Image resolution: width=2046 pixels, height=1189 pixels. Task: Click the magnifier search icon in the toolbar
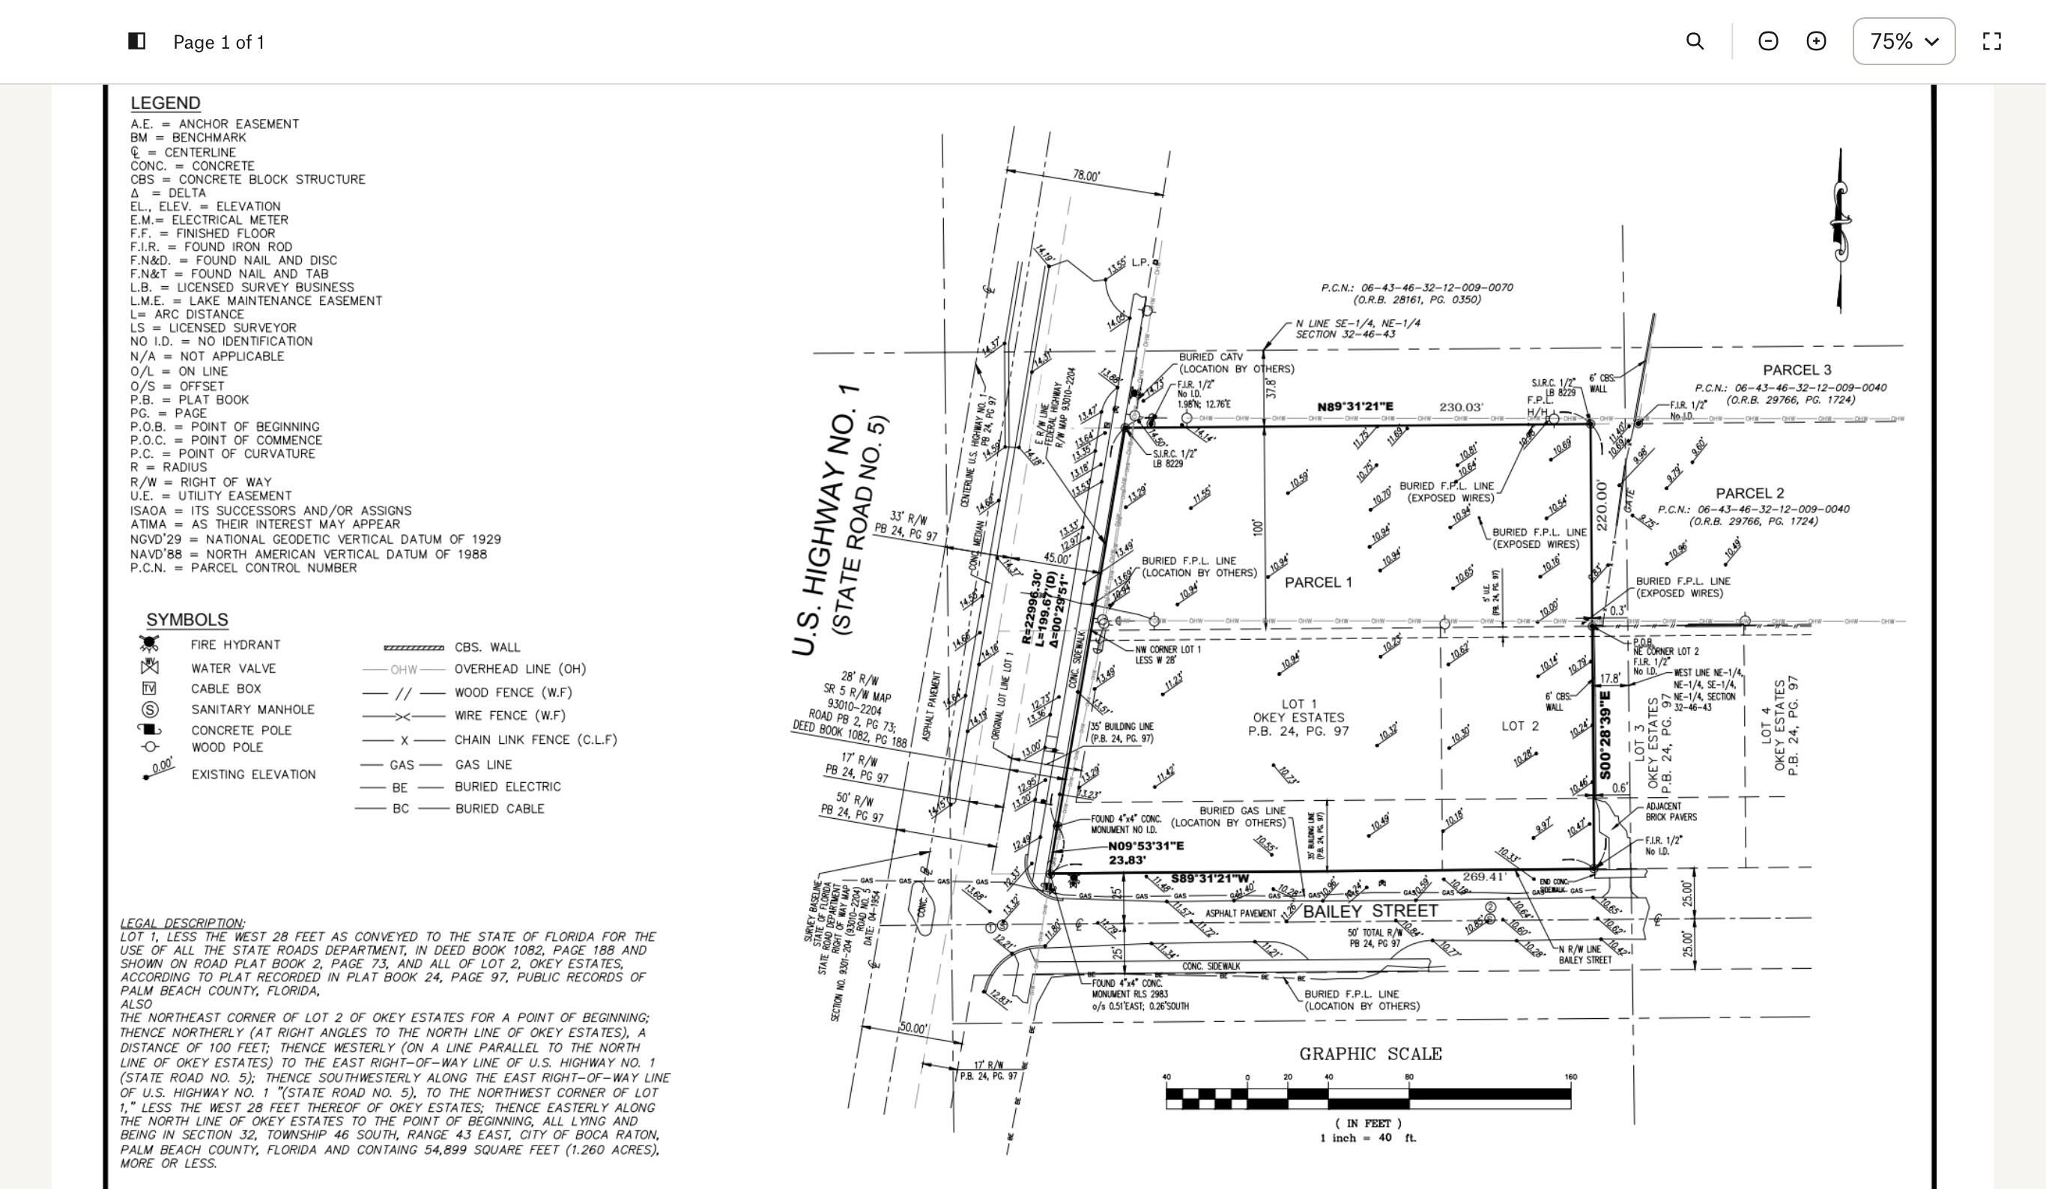1695,41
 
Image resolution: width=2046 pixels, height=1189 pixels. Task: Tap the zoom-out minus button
1767,41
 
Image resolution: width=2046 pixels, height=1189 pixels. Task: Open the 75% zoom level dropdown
1903,41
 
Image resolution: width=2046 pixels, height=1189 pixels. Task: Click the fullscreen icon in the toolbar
1991,41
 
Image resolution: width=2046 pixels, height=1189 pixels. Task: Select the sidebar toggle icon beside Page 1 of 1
137,41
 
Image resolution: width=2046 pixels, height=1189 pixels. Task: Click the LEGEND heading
165,103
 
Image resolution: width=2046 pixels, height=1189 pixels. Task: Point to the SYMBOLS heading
187,620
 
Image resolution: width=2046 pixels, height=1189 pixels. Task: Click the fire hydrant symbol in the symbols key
148,644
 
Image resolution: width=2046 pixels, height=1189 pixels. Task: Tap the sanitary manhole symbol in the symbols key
149,710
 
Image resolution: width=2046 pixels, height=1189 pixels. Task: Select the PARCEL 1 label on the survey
1318,582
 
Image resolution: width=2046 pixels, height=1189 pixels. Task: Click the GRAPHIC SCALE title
1370,1054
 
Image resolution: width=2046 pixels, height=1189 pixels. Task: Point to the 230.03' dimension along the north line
1462,407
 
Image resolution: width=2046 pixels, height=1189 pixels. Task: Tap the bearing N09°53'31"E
1145,847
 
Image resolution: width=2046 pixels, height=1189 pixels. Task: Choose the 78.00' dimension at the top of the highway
1086,175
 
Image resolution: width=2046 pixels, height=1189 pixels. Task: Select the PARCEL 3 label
1797,370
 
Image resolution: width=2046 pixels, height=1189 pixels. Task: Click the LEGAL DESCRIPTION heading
182,924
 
